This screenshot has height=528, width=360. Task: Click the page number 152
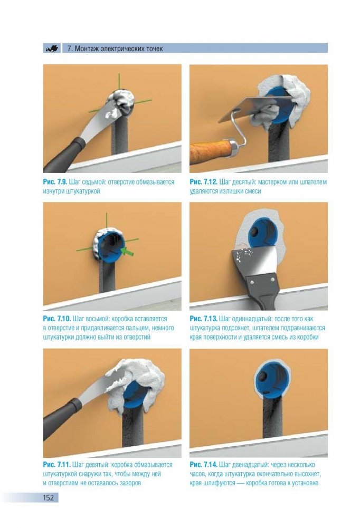[x=48, y=497]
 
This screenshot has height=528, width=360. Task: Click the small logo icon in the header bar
[x=52, y=48]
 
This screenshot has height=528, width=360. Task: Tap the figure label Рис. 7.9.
[x=55, y=182]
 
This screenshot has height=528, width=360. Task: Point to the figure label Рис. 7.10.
[x=56, y=319]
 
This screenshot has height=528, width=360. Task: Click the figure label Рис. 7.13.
[x=203, y=319]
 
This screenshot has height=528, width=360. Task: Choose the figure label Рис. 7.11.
[x=56, y=465]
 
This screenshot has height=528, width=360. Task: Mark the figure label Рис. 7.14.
[x=203, y=465]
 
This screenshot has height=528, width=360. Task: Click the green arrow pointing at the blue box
[x=127, y=251]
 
